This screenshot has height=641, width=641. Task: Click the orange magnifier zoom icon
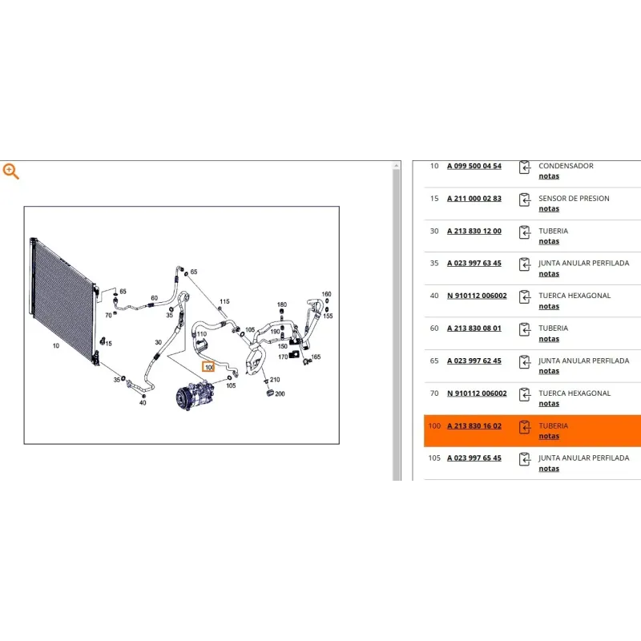pos(10,171)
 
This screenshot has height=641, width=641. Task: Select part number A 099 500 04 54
pos(474,166)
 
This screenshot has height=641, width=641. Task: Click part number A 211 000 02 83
pos(474,199)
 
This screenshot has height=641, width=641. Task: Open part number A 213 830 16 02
pos(474,426)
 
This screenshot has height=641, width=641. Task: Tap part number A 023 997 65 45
pos(474,458)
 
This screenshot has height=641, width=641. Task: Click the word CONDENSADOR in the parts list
pos(566,166)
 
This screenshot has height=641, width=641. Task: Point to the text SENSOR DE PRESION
pos(574,199)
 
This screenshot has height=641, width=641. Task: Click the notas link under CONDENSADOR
pos(549,176)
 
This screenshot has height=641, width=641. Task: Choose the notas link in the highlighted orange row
pos(549,436)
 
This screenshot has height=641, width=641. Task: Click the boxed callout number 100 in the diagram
pos(208,367)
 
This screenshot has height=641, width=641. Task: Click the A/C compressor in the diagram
pos(195,395)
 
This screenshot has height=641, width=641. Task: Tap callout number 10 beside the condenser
pos(56,346)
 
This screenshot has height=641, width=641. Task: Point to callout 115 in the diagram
pos(224,302)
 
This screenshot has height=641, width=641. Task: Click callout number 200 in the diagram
pos(280,394)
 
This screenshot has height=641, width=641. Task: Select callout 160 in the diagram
pos(326,294)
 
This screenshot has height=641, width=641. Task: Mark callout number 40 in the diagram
pos(143,403)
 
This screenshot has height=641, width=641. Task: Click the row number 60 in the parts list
pos(434,329)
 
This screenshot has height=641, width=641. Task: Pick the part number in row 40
pos(477,296)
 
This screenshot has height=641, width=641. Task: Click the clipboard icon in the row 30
pos(525,232)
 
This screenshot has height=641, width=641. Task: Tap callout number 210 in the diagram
pos(275,380)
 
